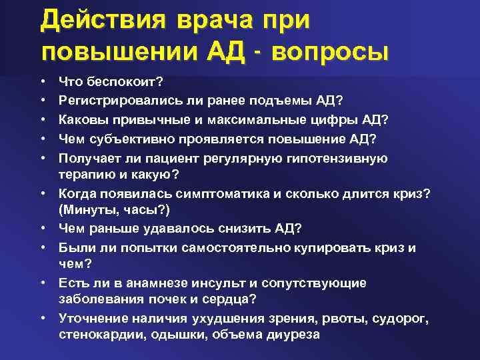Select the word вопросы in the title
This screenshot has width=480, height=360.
click(329, 51)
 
